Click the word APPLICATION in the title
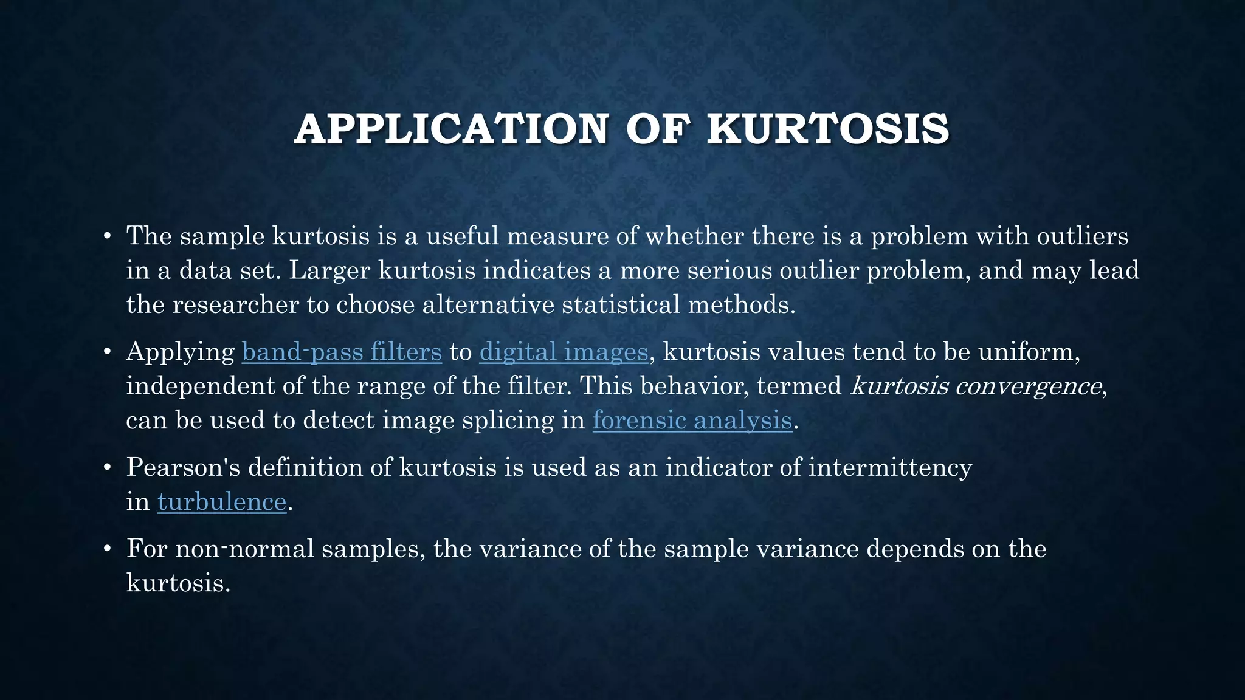pyautogui.click(x=450, y=129)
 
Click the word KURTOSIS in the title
pyautogui.click(x=827, y=129)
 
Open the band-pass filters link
pyautogui.click(x=342, y=352)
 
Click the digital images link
pyautogui.click(x=564, y=352)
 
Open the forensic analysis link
pyautogui.click(x=692, y=420)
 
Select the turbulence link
pyautogui.click(x=222, y=502)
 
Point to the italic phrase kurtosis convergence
pyautogui.click(x=976, y=386)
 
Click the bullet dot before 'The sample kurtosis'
pyautogui.click(x=107, y=236)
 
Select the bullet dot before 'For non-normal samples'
pyautogui.click(x=107, y=549)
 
